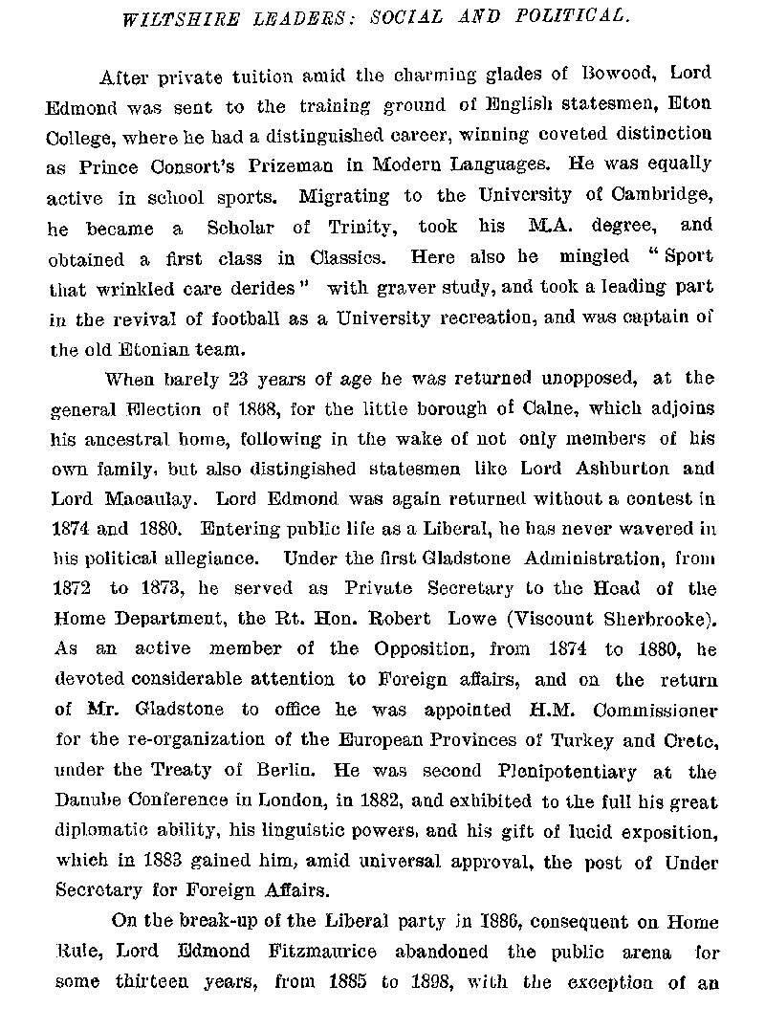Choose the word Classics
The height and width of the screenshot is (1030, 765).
click(351, 257)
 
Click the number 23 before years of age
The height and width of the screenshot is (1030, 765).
click(241, 379)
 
